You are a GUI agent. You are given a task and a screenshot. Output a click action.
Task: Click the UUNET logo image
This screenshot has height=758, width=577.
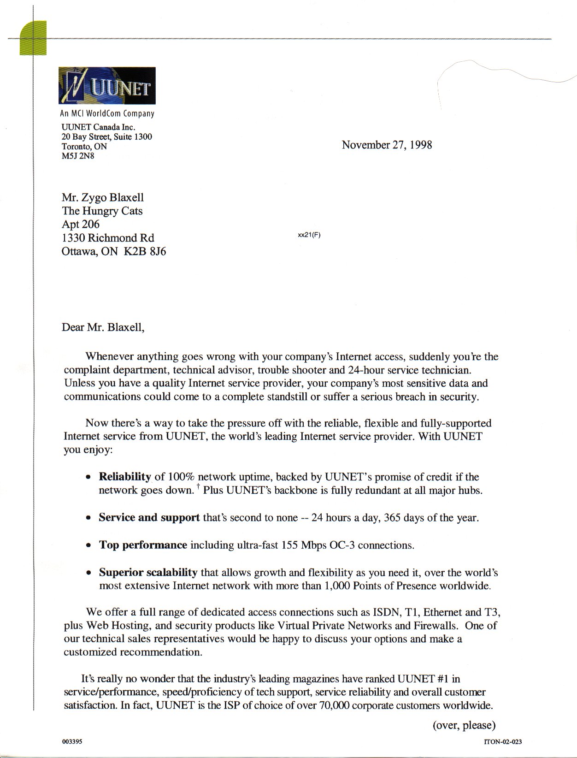(x=107, y=85)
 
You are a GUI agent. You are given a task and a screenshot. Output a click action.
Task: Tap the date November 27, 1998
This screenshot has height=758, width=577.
(x=387, y=145)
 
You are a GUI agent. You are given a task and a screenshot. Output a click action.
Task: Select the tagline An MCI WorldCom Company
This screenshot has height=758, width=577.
(x=107, y=113)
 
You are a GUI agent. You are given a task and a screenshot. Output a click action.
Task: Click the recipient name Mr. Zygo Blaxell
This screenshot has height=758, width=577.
(x=103, y=197)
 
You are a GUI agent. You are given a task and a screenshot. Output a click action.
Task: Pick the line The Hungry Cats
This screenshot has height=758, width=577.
(x=102, y=211)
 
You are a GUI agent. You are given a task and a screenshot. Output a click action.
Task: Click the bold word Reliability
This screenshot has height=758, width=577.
(x=125, y=476)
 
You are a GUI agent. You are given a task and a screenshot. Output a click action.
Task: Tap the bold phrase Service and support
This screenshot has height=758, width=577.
(x=149, y=517)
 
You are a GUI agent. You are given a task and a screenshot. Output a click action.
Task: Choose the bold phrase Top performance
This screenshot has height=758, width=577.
(x=143, y=545)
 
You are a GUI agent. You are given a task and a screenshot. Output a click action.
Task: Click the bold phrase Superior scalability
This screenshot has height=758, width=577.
(x=148, y=572)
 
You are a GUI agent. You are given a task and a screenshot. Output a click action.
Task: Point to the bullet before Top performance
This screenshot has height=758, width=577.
(x=88, y=546)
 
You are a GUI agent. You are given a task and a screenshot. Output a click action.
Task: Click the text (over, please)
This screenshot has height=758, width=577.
(x=464, y=725)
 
